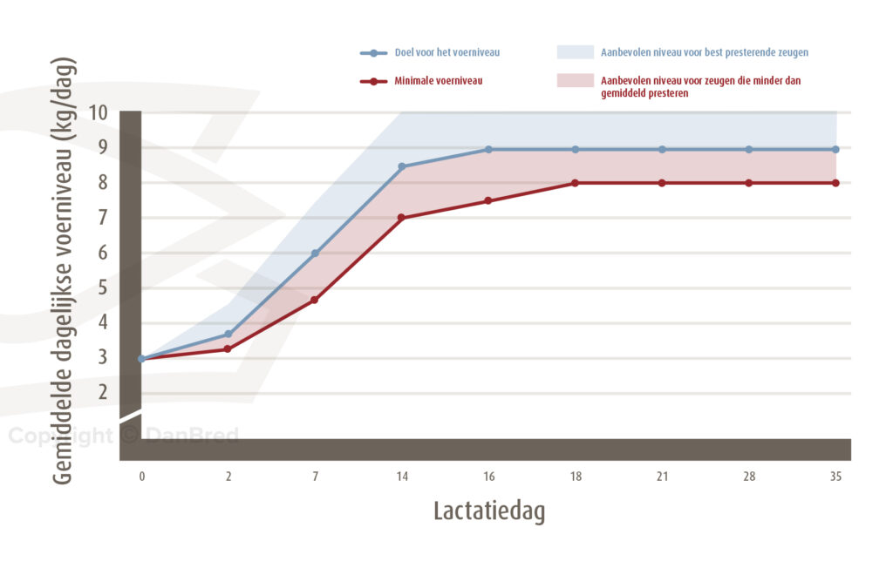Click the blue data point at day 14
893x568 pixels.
point(402,166)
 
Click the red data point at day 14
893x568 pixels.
point(402,218)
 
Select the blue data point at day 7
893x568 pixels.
point(315,254)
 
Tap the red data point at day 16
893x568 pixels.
point(488,201)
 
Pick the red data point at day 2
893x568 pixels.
point(228,348)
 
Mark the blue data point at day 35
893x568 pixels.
point(835,149)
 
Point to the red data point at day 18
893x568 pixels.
point(575,183)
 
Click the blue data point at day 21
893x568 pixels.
point(662,149)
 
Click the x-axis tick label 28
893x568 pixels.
point(748,477)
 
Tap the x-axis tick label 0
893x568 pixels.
point(141,477)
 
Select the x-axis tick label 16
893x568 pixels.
point(488,477)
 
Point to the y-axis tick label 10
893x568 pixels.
point(98,113)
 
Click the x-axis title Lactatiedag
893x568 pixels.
point(488,511)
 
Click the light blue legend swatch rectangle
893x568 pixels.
point(575,52)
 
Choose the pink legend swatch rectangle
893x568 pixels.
point(575,81)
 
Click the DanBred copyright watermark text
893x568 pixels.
point(123,436)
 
